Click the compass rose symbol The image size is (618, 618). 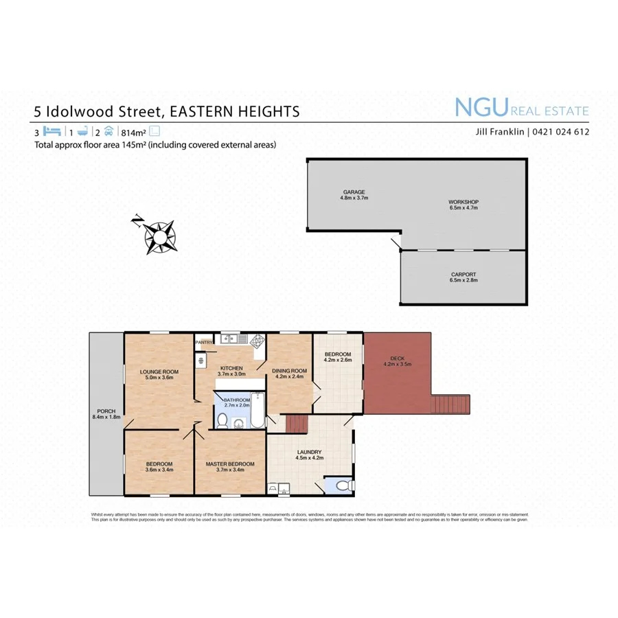(159, 236)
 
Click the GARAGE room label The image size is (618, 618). (354, 192)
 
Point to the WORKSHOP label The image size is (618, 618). (463, 202)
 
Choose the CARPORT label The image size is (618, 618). (463, 274)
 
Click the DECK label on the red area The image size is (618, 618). (397, 358)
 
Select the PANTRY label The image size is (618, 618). (204, 342)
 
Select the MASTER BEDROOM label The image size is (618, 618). (230, 464)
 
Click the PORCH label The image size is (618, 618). (105, 410)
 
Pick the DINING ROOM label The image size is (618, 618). (290, 371)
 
